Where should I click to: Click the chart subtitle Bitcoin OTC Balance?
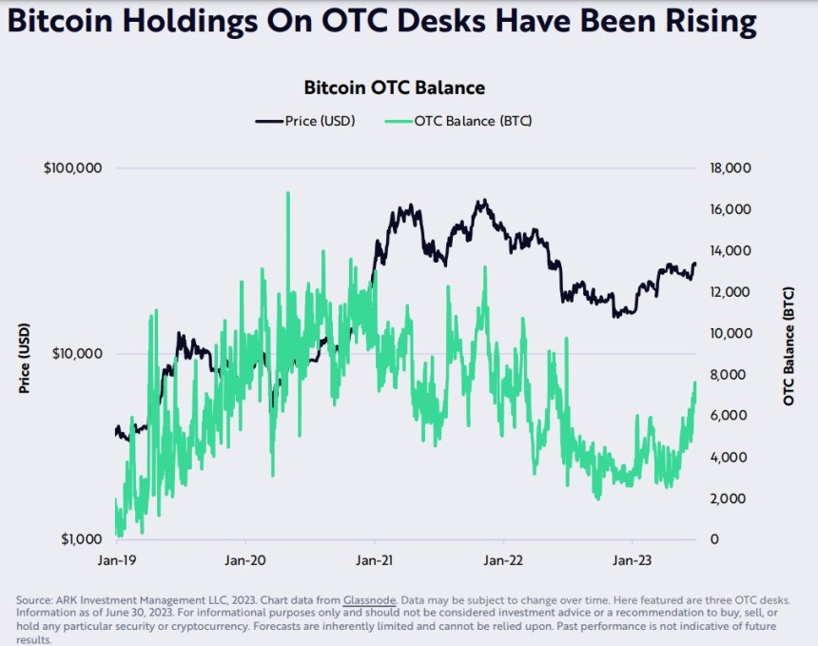tap(395, 88)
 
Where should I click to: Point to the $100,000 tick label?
tap(72, 168)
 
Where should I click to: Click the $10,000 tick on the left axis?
tap(76, 354)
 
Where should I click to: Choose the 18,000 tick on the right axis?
tap(731, 168)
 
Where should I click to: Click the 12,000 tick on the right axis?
tap(731, 292)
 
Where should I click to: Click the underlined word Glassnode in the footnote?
tap(370, 600)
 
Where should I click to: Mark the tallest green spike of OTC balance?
tap(287, 193)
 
